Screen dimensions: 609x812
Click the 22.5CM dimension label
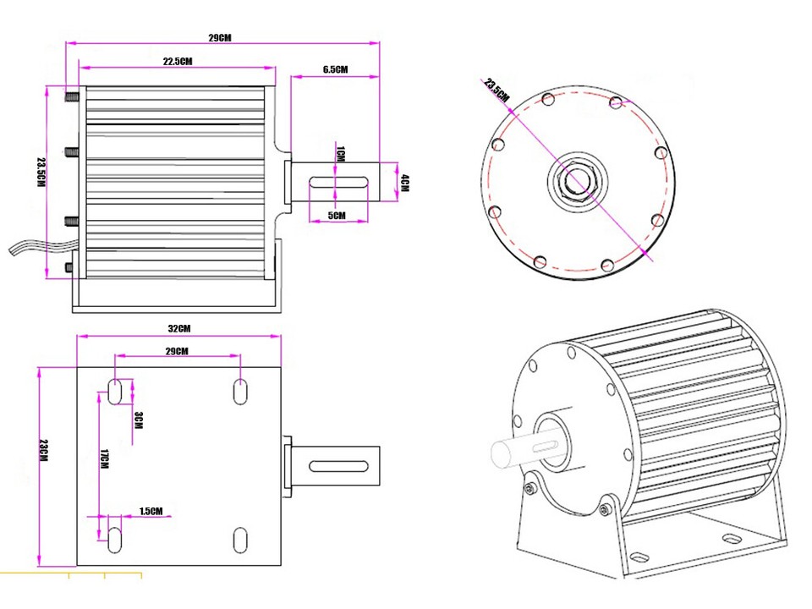(178, 61)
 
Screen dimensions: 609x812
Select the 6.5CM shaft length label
(335, 69)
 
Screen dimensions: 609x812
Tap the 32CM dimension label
(179, 328)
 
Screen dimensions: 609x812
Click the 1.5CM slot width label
(151, 511)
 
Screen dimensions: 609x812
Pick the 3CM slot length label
(139, 420)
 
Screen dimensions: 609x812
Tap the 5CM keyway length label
(337, 216)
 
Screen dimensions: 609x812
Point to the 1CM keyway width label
(341, 154)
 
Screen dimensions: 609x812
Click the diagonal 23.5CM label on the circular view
(497, 90)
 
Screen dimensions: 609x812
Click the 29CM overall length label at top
(220, 38)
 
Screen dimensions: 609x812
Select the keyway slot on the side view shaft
(338, 182)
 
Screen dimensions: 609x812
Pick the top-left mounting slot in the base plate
(115, 392)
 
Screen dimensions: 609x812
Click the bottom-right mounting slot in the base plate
(240, 539)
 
